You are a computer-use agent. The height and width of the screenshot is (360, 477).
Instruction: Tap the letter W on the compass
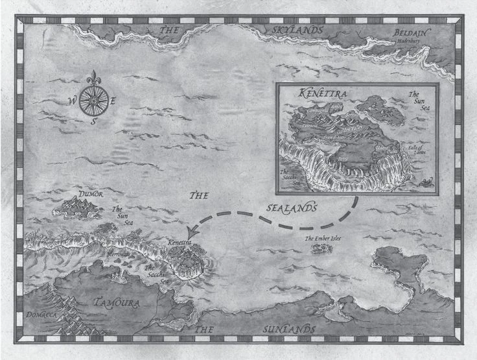point(71,100)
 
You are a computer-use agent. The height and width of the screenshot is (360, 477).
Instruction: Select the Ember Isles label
point(323,238)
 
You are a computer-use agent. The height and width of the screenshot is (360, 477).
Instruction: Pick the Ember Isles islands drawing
point(320,248)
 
